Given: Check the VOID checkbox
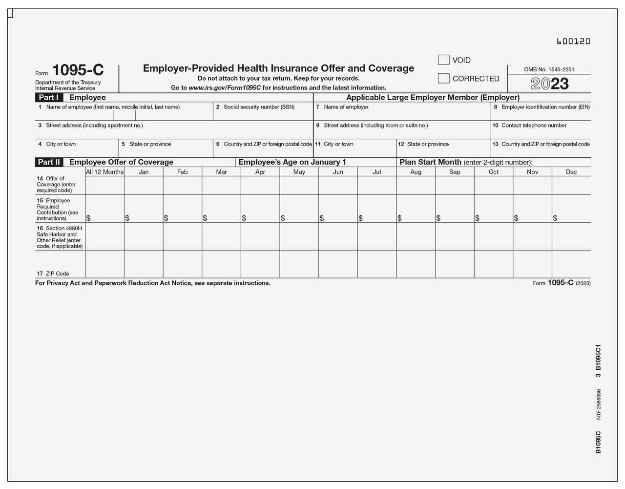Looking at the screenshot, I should point(443,60).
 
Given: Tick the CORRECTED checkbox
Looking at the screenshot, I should point(443,78).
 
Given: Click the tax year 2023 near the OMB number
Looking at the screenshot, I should point(549,84).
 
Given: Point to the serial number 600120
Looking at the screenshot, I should point(573,42).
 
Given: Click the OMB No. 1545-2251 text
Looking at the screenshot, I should point(549,69).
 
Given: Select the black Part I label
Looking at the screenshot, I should point(49,98).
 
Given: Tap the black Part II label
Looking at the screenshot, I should point(49,162).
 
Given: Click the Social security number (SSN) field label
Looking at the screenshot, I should point(259,107).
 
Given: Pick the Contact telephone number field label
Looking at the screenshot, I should point(534,126).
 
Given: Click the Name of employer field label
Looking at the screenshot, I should point(346,107).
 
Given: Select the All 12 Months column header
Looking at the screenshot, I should point(104,172).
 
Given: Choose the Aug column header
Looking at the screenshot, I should point(416,172).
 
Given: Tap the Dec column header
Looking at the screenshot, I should point(571,172).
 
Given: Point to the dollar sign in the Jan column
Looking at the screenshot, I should point(127,218).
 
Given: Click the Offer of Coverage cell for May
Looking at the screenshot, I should point(299,185).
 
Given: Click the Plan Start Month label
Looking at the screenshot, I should point(430,162).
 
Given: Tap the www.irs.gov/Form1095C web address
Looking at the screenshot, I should point(225,88).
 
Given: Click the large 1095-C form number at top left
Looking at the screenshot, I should point(78,70).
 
